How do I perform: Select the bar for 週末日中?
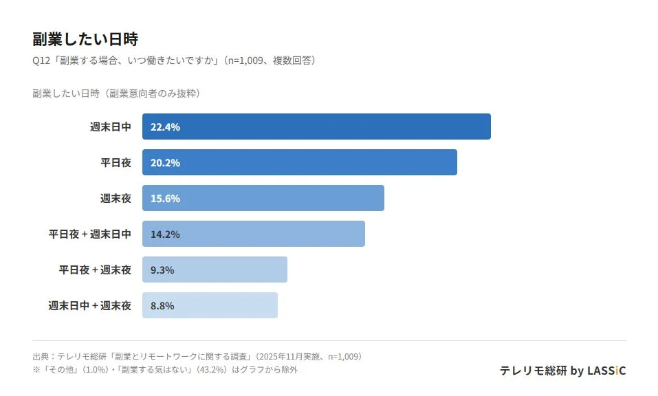[x=316, y=126]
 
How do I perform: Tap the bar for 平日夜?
[x=300, y=162]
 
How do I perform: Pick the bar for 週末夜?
[x=263, y=198]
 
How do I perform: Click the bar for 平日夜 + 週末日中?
[x=254, y=234]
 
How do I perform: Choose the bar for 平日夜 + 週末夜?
[x=215, y=269]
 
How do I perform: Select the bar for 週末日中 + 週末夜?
[x=210, y=305]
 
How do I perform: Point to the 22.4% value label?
[x=165, y=126]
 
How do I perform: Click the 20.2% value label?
[x=165, y=162]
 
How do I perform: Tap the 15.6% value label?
[x=165, y=198]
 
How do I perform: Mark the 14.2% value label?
[x=165, y=234]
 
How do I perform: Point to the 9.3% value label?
[x=162, y=269]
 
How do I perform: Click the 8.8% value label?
[x=162, y=305]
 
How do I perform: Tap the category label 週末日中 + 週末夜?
[x=89, y=305]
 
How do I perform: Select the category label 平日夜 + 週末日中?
[x=89, y=234]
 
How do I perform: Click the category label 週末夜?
[x=116, y=198]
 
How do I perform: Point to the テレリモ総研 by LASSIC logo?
[x=562, y=371]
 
